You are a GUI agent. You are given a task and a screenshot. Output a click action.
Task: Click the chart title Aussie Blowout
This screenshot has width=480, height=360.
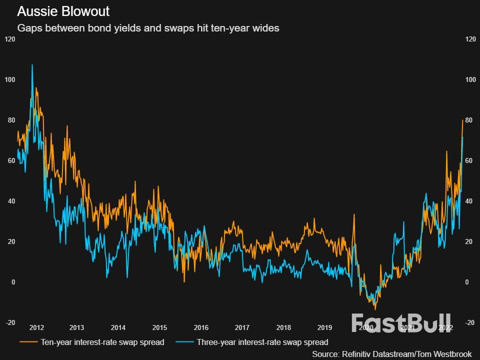63,10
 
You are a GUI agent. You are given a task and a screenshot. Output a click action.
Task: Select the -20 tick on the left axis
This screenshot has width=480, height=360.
10,322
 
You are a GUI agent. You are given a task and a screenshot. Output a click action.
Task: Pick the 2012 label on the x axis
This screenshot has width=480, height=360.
36,328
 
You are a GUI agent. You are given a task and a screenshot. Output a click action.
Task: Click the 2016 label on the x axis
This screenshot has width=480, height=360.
201,328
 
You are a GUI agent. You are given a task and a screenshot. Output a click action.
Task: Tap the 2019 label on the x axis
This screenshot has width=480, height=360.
324,328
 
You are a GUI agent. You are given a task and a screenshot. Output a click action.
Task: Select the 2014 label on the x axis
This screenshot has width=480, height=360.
118,328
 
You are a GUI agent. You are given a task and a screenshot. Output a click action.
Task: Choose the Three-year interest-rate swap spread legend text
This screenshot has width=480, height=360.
262,342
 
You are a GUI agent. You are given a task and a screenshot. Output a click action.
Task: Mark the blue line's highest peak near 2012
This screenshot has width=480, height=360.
32,65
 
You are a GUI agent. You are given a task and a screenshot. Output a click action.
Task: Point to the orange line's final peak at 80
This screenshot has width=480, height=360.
462,120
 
